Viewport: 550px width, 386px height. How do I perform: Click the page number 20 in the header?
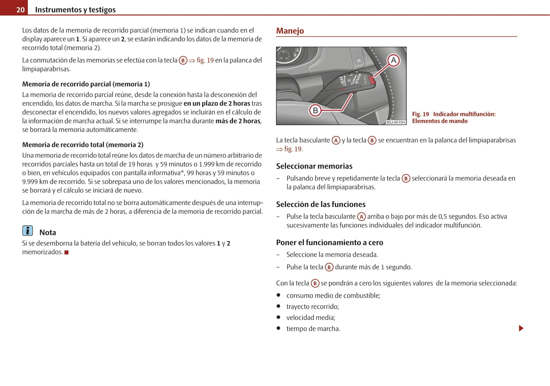(x=20, y=10)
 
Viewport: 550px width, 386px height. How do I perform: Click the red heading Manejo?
(x=290, y=31)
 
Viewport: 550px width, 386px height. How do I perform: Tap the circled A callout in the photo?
(x=394, y=60)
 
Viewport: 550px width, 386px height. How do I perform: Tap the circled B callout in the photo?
(x=315, y=110)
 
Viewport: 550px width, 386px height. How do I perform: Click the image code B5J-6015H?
(x=395, y=122)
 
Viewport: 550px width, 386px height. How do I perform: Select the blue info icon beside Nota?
(x=27, y=231)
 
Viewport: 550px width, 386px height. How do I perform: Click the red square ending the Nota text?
(x=67, y=252)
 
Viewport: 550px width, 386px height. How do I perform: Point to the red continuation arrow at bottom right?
(x=521, y=328)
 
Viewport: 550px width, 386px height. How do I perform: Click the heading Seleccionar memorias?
(x=314, y=166)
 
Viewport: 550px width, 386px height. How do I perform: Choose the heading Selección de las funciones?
(x=320, y=204)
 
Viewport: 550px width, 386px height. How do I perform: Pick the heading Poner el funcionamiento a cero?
(x=329, y=242)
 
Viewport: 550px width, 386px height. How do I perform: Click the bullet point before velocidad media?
(x=278, y=317)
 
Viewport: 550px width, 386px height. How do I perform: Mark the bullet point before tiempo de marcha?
(x=278, y=328)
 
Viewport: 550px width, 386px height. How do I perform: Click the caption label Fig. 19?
(x=420, y=114)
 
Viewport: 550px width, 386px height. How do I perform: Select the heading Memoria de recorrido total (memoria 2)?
(x=83, y=145)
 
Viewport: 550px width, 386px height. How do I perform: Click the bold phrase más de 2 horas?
(x=238, y=121)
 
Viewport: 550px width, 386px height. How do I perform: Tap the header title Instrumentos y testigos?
(x=75, y=10)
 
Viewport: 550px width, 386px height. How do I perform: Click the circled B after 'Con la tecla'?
(x=315, y=283)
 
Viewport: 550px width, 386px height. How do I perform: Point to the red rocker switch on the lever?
(x=371, y=80)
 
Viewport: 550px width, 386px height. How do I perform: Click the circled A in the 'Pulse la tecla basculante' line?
(x=361, y=217)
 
